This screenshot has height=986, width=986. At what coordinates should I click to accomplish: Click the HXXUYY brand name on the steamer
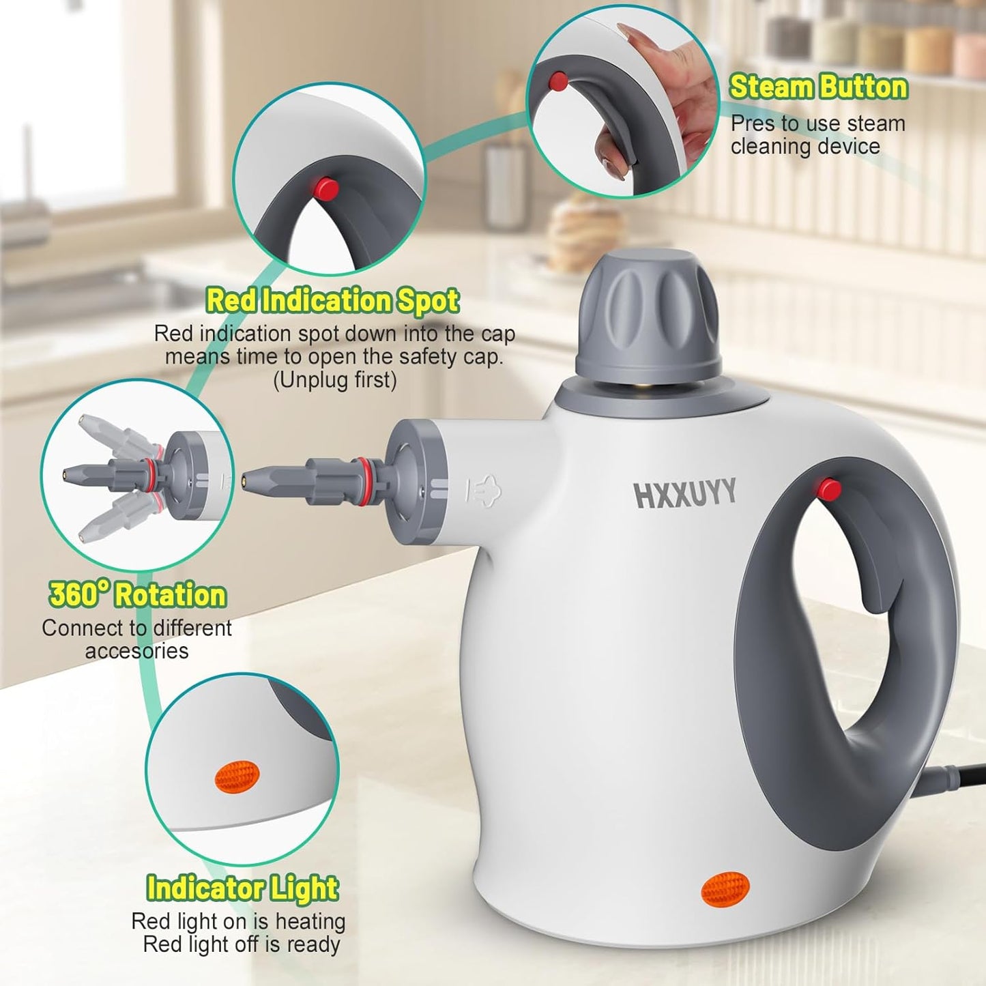click(685, 493)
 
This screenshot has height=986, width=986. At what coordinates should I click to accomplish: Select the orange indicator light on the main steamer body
click(725, 889)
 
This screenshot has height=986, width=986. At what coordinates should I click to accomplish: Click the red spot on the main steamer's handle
click(830, 489)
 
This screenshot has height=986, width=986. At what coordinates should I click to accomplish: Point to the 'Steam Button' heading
click(818, 87)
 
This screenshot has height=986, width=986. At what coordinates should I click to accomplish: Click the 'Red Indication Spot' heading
click(332, 300)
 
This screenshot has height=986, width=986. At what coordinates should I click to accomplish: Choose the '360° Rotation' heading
click(137, 595)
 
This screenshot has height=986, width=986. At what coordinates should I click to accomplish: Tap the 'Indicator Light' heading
click(242, 888)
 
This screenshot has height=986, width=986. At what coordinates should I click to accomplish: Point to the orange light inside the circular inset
click(237, 777)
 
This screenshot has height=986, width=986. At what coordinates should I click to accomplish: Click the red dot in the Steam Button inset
click(558, 81)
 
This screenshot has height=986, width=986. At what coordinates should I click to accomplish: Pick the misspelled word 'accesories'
click(136, 651)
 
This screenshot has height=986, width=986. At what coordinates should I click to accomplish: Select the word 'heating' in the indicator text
click(310, 921)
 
